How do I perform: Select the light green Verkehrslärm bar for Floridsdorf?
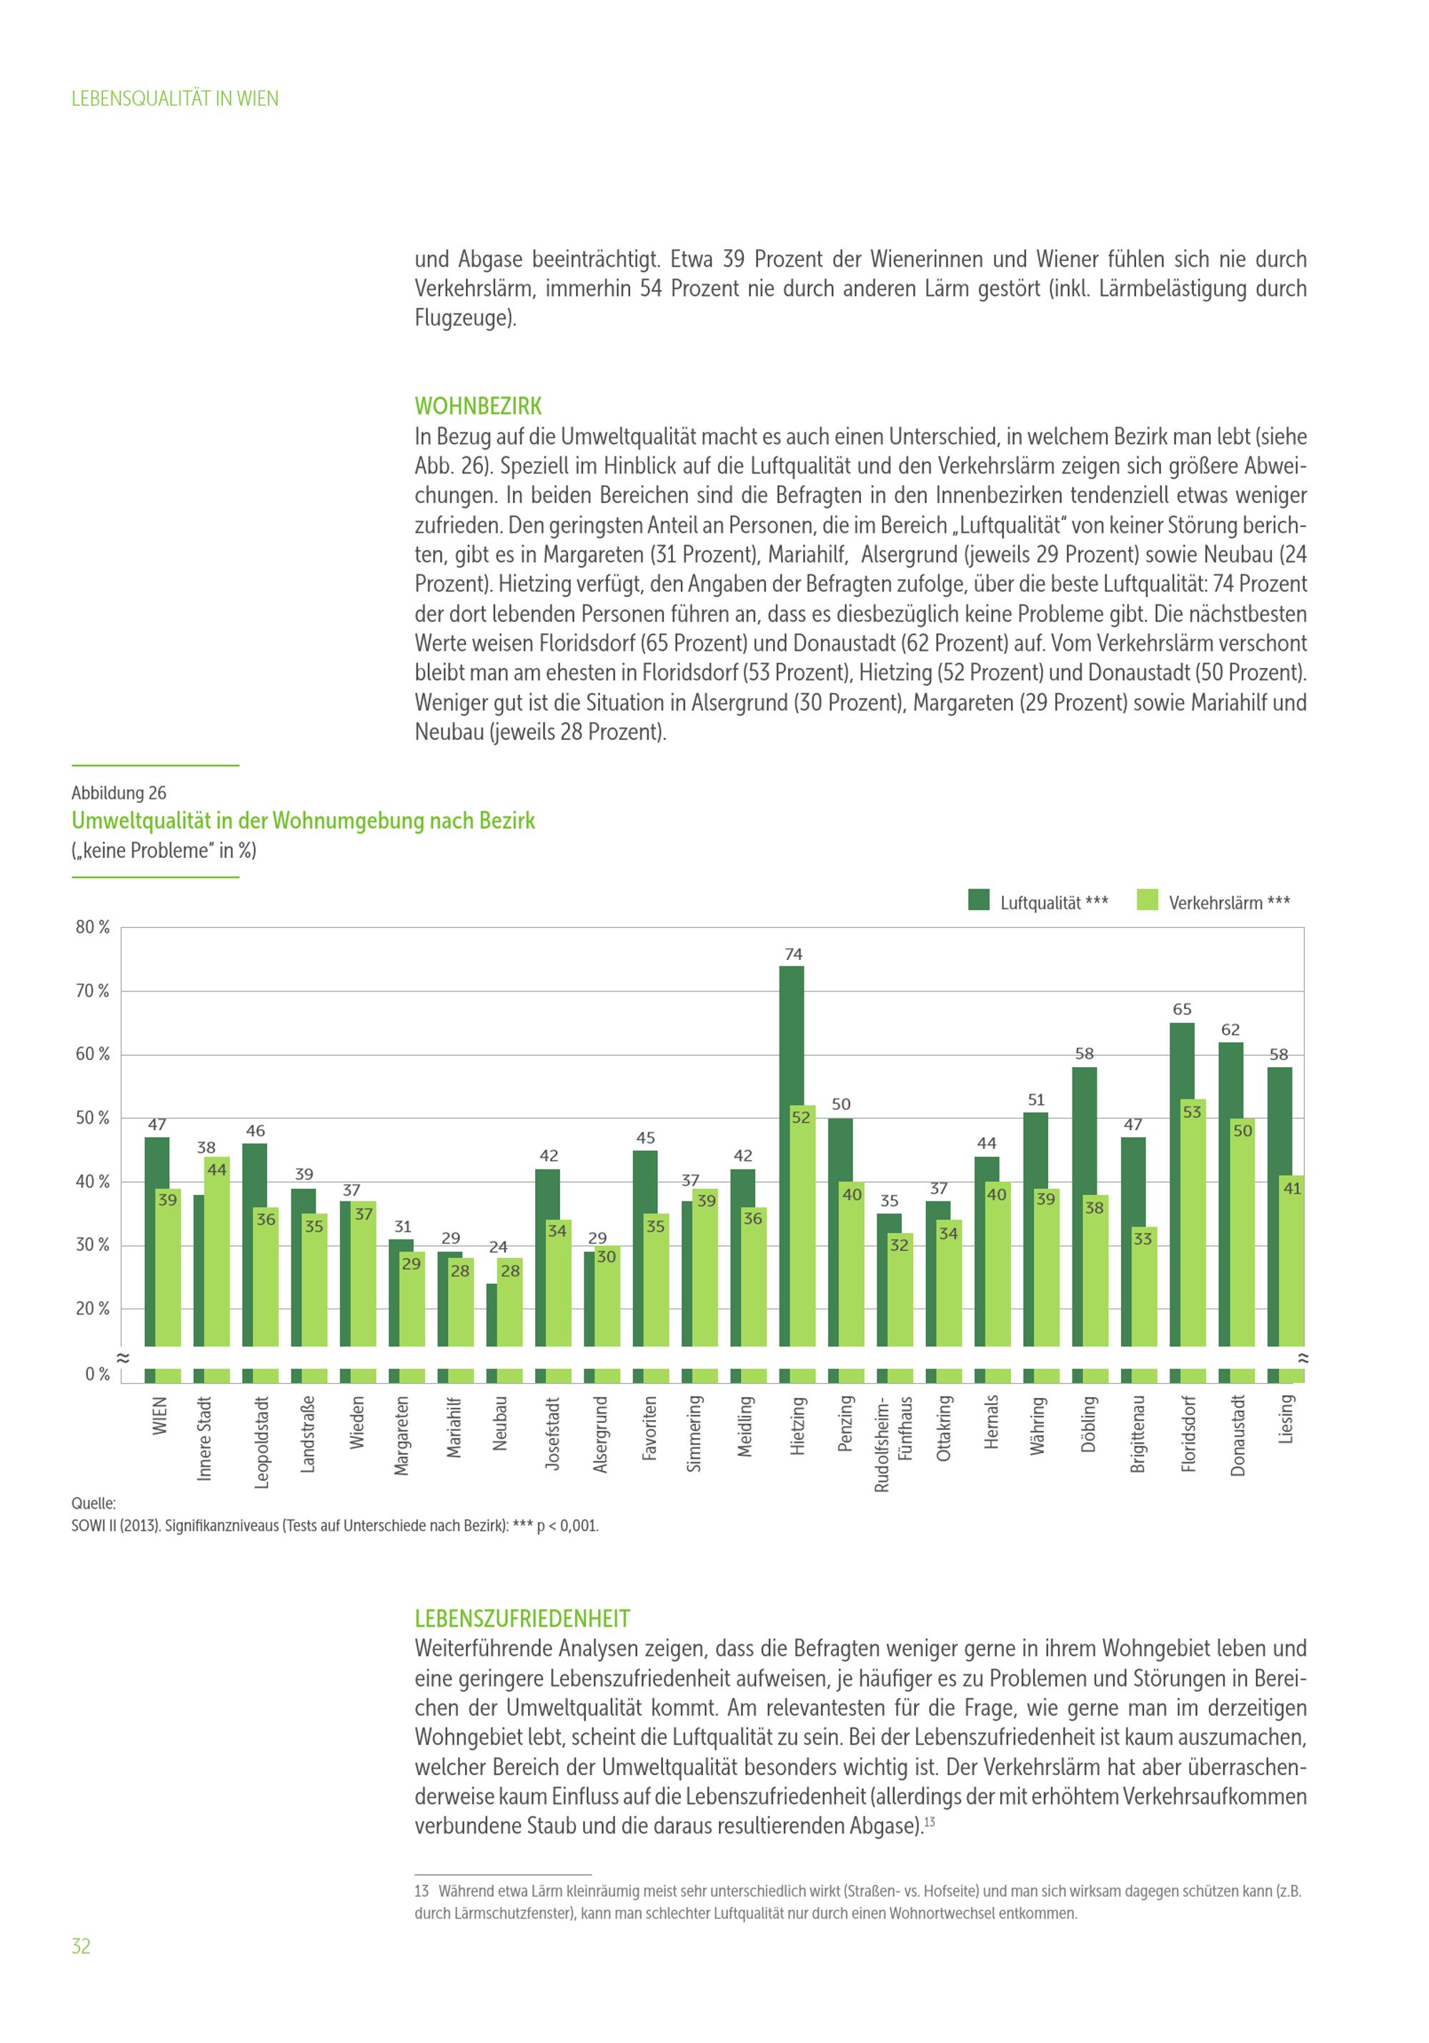point(1193,1228)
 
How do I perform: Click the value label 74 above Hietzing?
point(793,954)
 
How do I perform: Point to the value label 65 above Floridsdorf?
point(1182,1009)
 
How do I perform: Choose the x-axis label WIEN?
point(160,1415)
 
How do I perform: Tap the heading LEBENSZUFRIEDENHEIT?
point(522,1619)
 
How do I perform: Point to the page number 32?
point(81,1946)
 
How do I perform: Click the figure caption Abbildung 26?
point(119,793)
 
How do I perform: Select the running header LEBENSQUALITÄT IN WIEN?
point(174,99)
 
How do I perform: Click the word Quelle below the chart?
point(94,1503)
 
